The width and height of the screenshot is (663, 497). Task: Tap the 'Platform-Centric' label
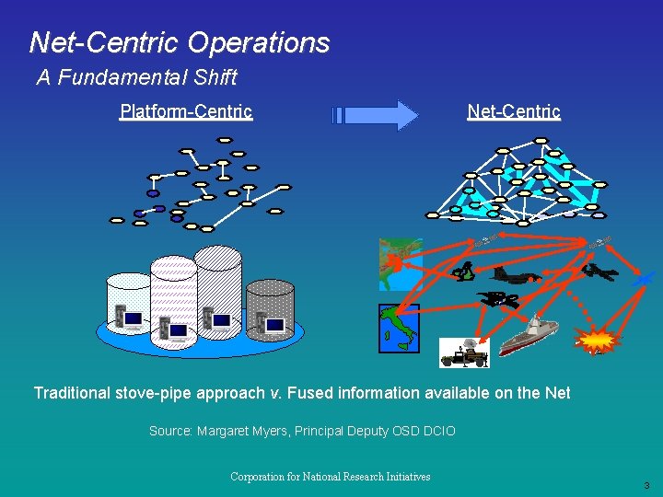pyautogui.click(x=186, y=111)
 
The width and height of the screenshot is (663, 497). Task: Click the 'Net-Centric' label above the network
pyautogui.click(x=514, y=111)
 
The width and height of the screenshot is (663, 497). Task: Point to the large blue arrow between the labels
pyautogui.click(x=376, y=115)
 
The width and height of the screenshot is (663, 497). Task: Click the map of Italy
pyautogui.click(x=399, y=328)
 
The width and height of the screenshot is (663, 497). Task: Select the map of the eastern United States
pyautogui.click(x=400, y=264)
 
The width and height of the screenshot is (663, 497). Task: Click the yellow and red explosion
pyautogui.click(x=597, y=341)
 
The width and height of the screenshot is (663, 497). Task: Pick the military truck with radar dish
pyautogui.click(x=464, y=352)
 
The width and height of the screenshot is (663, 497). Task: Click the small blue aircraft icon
pyautogui.click(x=646, y=276)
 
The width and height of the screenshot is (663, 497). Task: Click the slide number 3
pyautogui.click(x=646, y=485)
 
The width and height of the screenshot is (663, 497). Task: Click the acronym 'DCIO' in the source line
pyautogui.click(x=437, y=431)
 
